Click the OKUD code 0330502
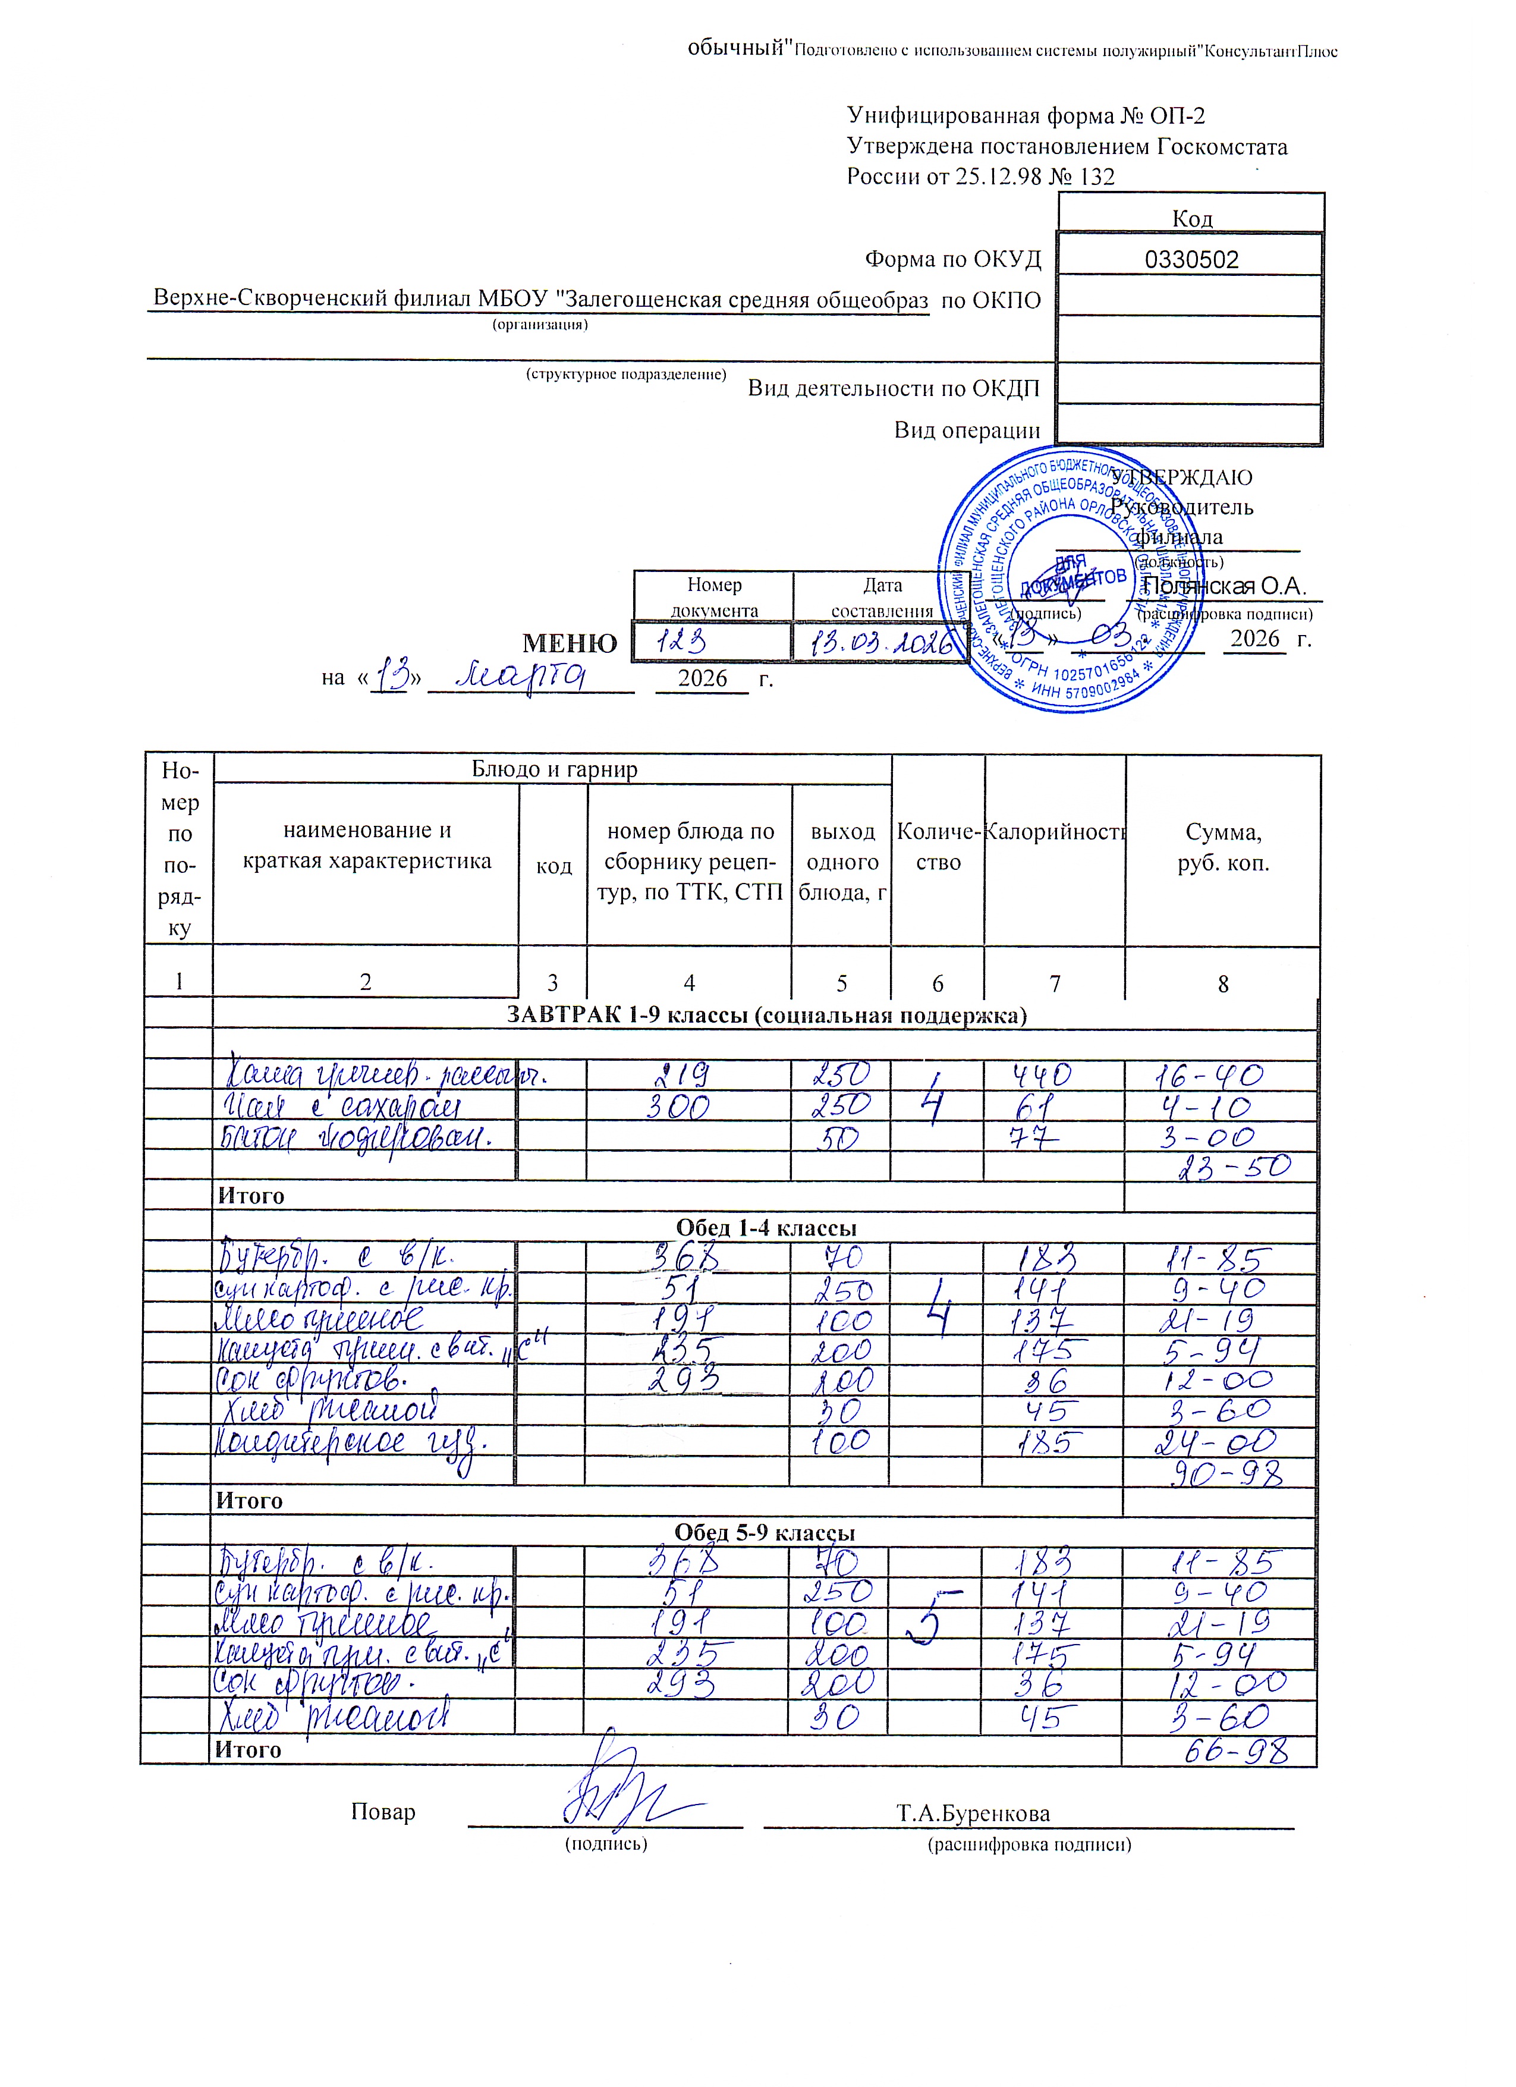[x=1191, y=259]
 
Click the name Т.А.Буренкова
[x=973, y=1813]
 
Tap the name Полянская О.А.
[x=1224, y=587]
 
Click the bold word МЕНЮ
[x=570, y=643]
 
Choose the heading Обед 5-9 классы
[x=765, y=1532]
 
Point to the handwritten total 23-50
[x=1235, y=1168]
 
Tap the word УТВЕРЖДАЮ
[x=1182, y=477]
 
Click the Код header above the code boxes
[x=1192, y=219]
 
